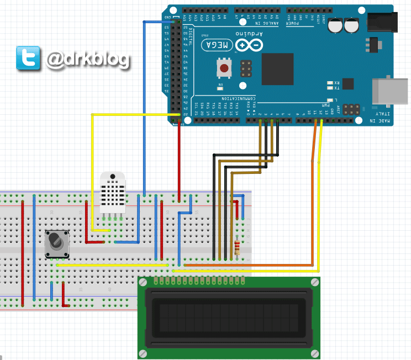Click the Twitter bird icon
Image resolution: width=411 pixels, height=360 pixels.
[x=28, y=58]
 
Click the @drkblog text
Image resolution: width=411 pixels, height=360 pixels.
[x=87, y=59]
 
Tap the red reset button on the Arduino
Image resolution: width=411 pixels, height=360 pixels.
[x=224, y=69]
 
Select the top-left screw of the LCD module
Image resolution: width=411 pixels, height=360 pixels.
[x=143, y=282]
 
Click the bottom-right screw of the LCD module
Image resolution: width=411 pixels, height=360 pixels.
[x=314, y=353]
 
